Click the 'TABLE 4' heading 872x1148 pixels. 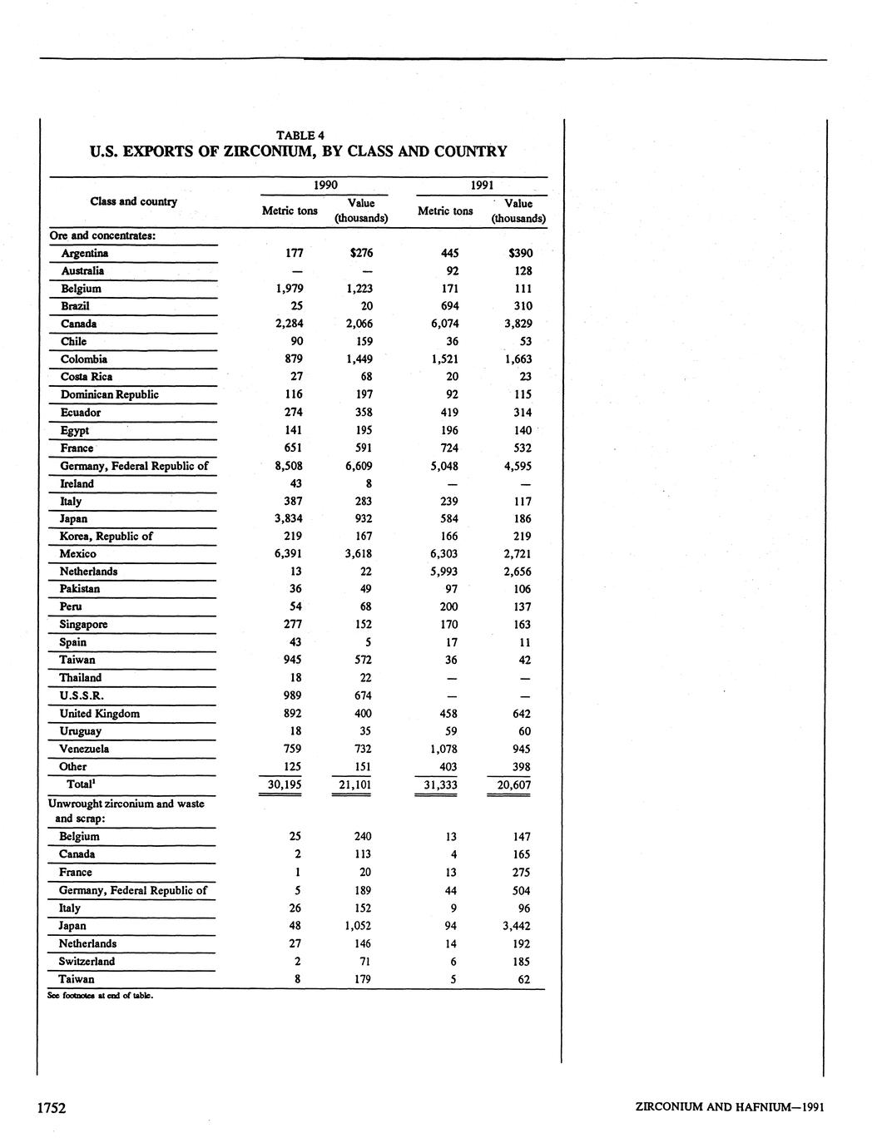[x=300, y=135]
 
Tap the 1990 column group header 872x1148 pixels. [x=325, y=185]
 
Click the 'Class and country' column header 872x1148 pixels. [x=133, y=201]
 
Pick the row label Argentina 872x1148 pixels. [x=85, y=253]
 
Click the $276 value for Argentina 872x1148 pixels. [x=361, y=253]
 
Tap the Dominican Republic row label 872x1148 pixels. [x=109, y=394]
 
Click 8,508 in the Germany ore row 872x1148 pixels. [x=288, y=466]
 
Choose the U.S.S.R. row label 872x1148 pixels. [x=82, y=695]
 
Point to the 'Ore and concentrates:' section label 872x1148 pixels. [x=103, y=235]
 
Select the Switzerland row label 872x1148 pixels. [x=87, y=961]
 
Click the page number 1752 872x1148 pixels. [x=52, y=1107]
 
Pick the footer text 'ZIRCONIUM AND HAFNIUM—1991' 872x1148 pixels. [x=729, y=1107]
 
